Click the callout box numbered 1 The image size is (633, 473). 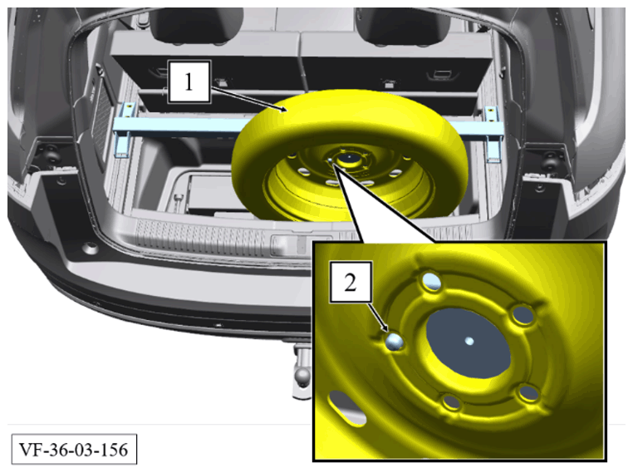(x=189, y=82)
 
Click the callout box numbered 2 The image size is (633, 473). (x=351, y=282)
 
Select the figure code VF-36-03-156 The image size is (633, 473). (x=74, y=450)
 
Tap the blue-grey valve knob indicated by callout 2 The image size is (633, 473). (x=394, y=342)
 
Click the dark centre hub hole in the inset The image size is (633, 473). (x=469, y=343)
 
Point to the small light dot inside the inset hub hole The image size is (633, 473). (x=469, y=341)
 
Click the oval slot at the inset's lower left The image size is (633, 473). (x=347, y=408)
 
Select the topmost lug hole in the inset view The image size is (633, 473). (x=431, y=281)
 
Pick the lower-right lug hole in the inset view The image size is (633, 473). (x=528, y=393)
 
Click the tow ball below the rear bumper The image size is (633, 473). (x=302, y=375)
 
